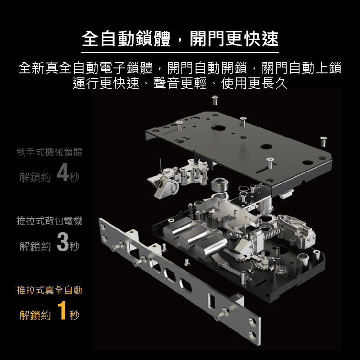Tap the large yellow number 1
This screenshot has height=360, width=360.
(62, 310)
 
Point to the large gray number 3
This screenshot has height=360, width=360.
(63, 242)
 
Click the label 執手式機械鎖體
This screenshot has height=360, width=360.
(49, 152)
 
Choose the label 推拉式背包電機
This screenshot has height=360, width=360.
(49, 221)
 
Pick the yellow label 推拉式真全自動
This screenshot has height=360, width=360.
(49, 290)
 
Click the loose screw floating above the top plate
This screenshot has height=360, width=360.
(215, 100)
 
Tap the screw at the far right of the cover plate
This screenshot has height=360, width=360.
(323, 141)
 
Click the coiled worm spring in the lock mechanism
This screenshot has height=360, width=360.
(272, 234)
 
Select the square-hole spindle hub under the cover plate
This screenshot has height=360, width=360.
(220, 184)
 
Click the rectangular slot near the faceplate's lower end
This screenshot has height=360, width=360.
(211, 301)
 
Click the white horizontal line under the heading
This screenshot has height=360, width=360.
(180, 53)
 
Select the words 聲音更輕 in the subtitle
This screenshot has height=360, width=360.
(180, 83)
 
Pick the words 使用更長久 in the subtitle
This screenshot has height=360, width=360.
(254, 83)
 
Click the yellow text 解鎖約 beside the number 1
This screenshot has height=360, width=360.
(35, 315)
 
